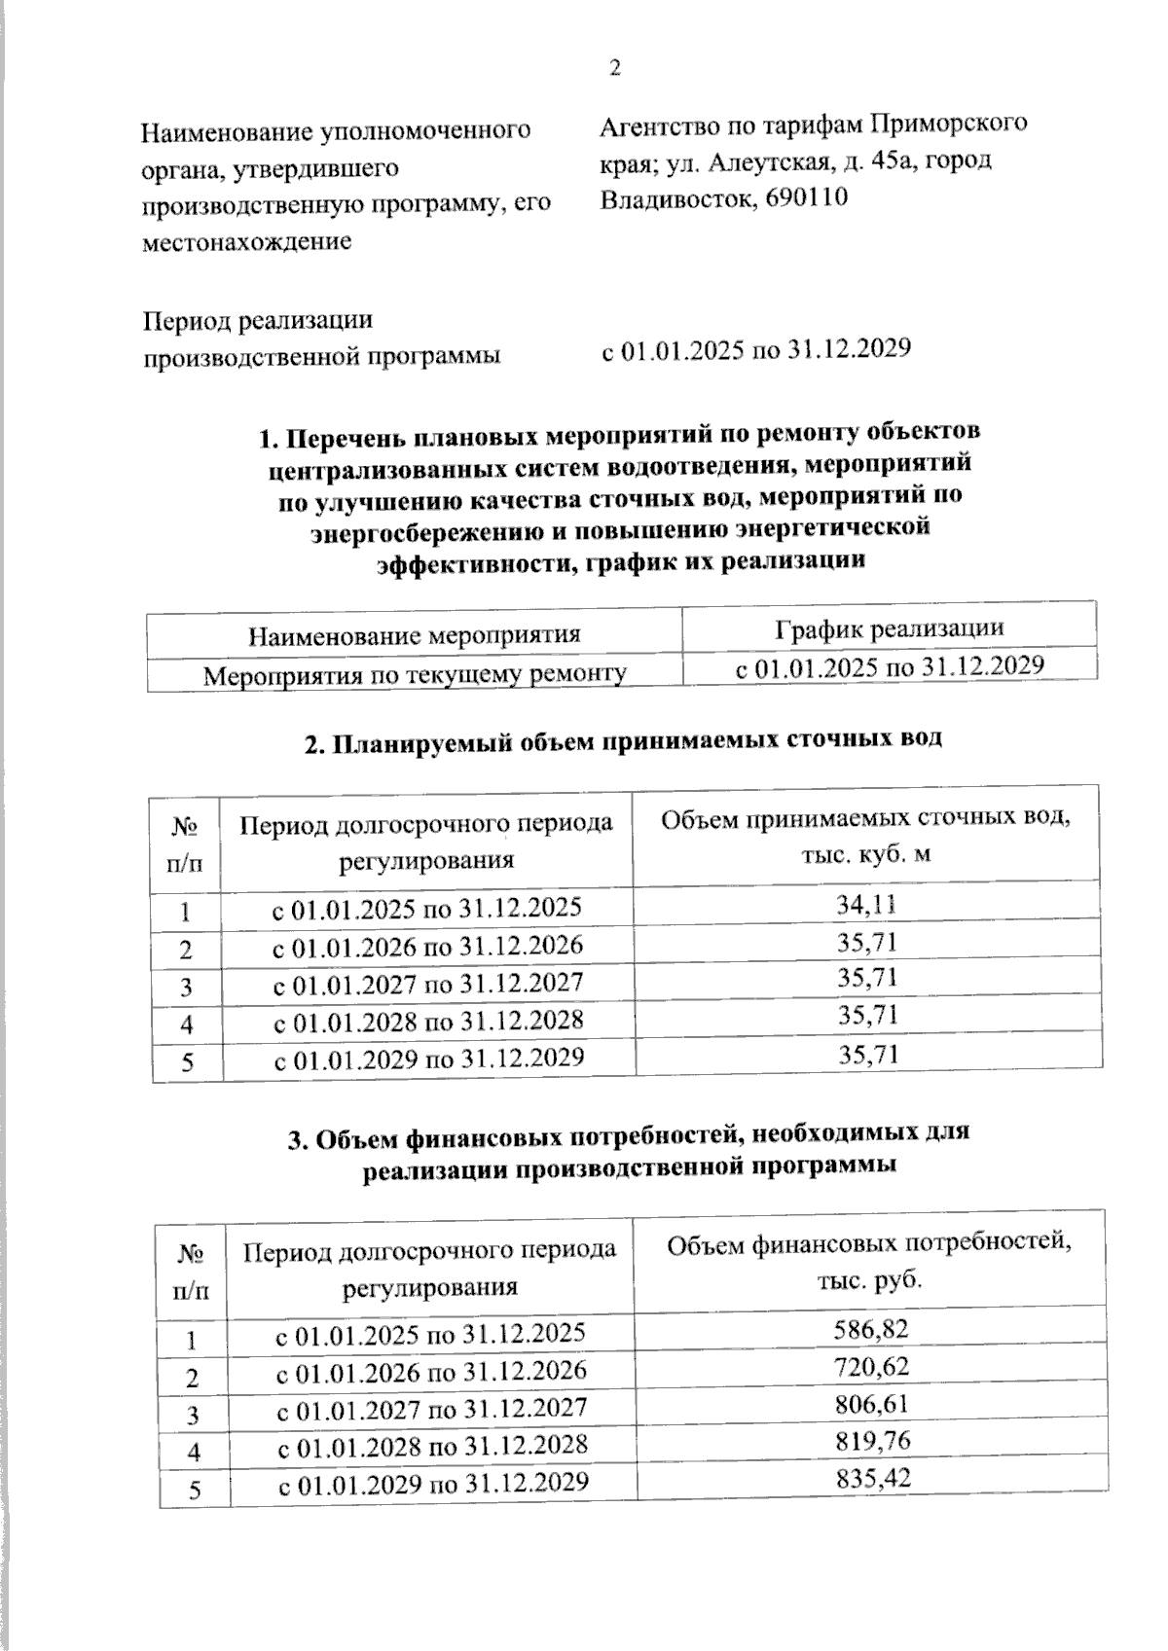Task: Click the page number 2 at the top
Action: pyautogui.click(x=614, y=67)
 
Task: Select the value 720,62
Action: pyautogui.click(x=871, y=1366)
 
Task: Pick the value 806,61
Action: pyautogui.click(x=871, y=1404)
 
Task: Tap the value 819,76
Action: pyautogui.click(x=871, y=1441)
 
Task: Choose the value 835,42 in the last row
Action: pyautogui.click(x=872, y=1479)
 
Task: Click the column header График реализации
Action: pyautogui.click(x=889, y=628)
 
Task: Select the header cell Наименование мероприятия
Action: pyautogui.click(x=415, y=635)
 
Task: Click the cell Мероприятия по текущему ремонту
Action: pyautogui.click(x=414, y=673)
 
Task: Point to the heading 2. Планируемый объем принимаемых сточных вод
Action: pyautogui.click(x=623, y=741)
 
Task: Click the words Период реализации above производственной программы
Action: pyautogui.click(x=258, y=320)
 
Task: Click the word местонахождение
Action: pyautogui.click(x=246, y=241)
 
